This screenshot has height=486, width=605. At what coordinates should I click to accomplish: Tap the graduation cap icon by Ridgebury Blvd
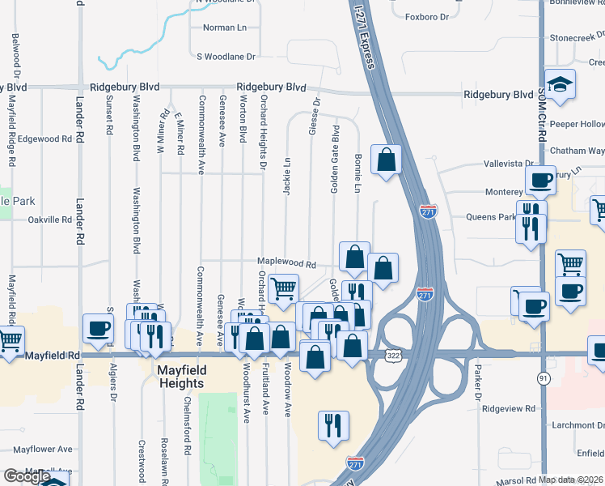(x=559, y=84)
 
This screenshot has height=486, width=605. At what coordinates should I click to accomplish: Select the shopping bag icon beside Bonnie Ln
(x=387, y=160)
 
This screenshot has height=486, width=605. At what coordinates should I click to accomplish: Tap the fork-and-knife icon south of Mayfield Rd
(x=333, y=425)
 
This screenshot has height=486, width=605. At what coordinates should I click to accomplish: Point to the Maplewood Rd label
(x=286, y=263)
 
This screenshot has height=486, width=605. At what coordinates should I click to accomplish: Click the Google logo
(x=27, y=476)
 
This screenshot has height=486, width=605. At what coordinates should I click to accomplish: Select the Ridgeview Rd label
(x=509, y=409)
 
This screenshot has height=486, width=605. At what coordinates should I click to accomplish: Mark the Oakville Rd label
(x=50, y=220)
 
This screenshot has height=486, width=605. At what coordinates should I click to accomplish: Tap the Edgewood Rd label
(x=44, y=139)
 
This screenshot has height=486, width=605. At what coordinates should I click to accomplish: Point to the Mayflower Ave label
(x=42, y=449)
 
